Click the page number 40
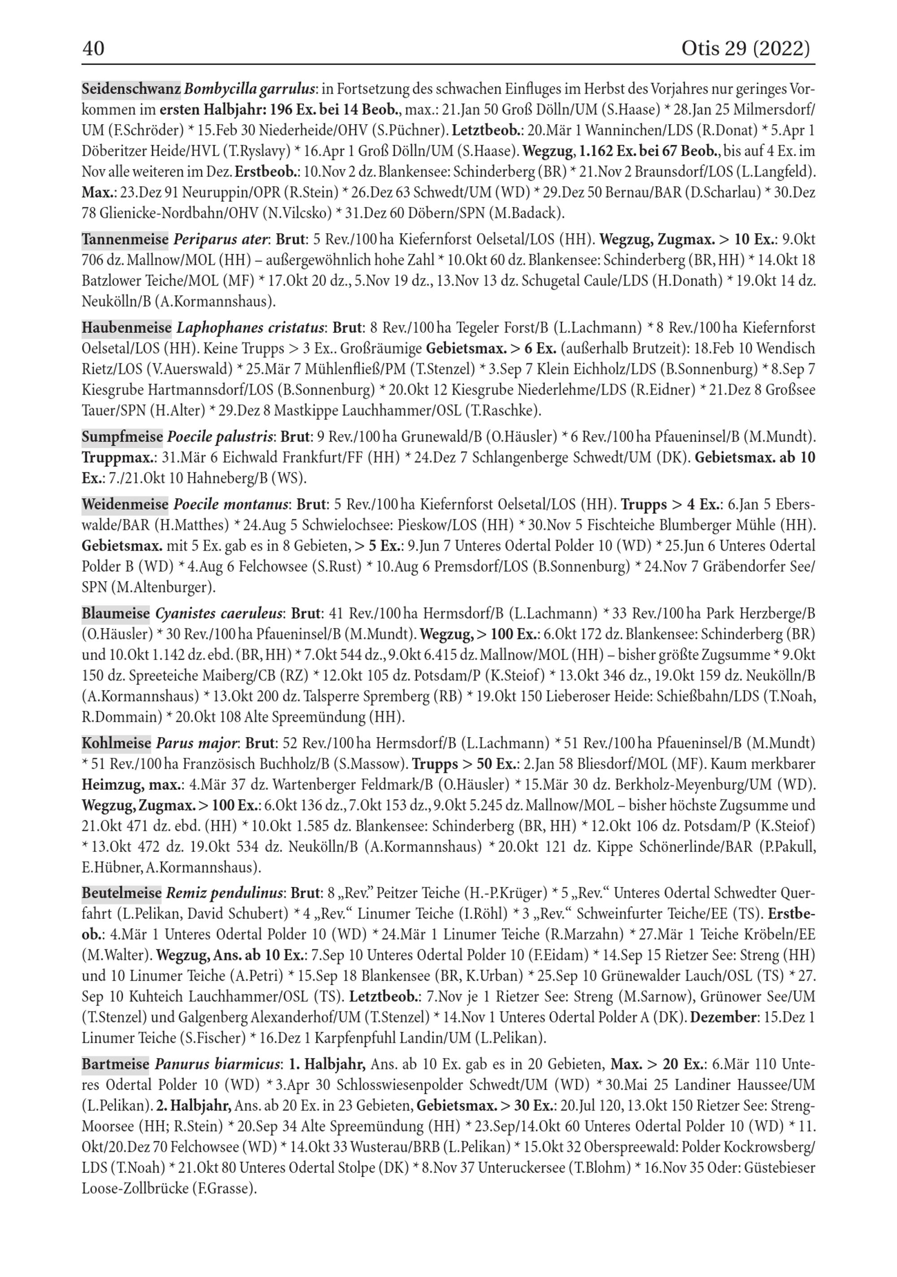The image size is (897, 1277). (x=93, y=49)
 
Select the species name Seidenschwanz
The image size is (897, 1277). (x=131, y=89)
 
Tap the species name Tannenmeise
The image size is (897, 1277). (x=125, y=240)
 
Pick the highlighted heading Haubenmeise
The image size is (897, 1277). (x=126, y=328)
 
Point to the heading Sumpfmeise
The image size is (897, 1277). (x=122, y=437)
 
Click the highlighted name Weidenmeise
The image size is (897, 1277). (x=125, y=504)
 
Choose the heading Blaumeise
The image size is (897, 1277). (x=116, y=613)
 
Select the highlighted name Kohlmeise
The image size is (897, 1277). (x=116, y=743)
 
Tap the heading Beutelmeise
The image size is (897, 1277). (x=121, y=893)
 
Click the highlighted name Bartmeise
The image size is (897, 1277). (x=115, y=1064)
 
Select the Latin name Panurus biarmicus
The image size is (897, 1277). (x=217, y=1064)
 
